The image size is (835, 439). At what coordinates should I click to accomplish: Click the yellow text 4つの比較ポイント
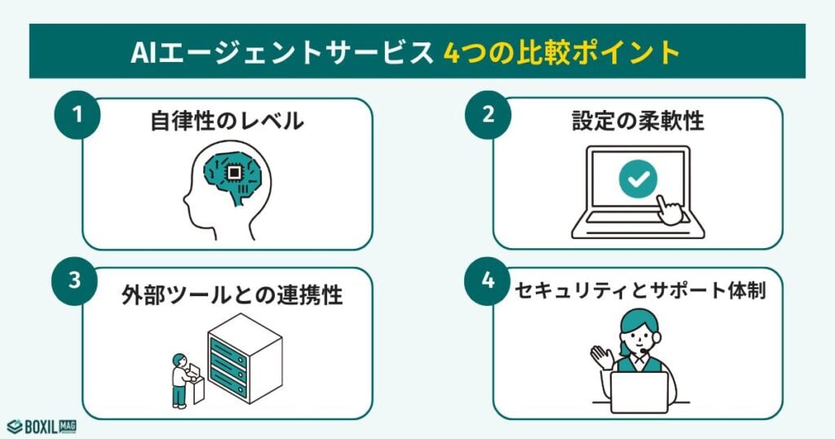562,51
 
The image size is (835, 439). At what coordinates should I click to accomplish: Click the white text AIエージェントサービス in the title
281,51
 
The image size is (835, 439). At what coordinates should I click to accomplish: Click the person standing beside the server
180,380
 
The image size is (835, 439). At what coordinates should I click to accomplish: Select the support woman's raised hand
601,357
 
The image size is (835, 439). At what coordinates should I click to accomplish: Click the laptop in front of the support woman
639,392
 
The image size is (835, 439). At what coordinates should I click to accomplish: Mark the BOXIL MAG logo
42,426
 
